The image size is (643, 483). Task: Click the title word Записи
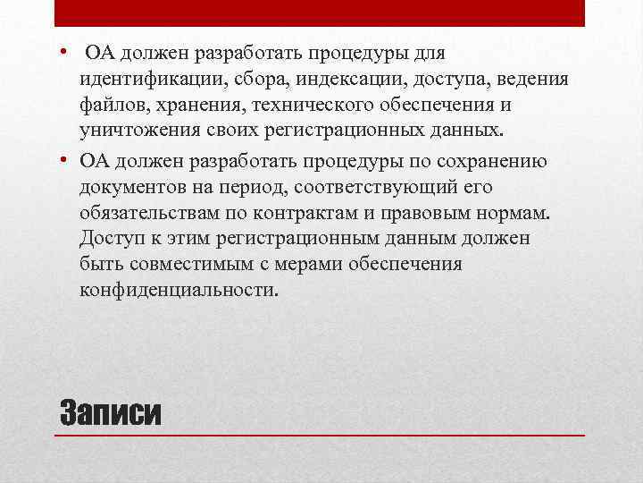110,412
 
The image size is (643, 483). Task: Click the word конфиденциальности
179,291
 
